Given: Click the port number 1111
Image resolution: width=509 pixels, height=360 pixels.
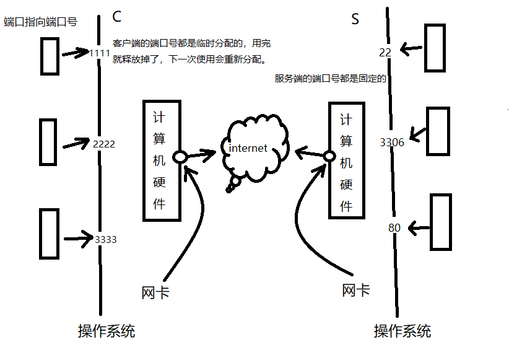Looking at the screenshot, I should (x=100, y=53).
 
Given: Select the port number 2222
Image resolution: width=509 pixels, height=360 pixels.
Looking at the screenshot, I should (x=103, y=144).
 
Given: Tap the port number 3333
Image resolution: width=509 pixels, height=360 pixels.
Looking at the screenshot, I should (x=105, y=239).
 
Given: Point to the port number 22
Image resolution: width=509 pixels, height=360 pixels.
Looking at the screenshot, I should (x=385, y=53).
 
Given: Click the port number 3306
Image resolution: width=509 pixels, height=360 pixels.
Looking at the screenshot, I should (x=392, y=143).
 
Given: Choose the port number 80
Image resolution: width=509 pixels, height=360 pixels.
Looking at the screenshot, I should (x=394, y=228).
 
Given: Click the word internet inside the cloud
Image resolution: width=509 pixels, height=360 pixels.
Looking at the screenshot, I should (x=248, y=148).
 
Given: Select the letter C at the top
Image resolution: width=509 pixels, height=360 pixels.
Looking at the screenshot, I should (x=118, y=15).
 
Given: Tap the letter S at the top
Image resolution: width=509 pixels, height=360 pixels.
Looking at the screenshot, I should (x=355, y=19).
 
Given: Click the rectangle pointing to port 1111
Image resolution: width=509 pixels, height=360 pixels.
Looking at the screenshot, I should (x=49, y=55).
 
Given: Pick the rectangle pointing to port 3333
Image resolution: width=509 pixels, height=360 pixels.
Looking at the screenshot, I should (x=49, y=233).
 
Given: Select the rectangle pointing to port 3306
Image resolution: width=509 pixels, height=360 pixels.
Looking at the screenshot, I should (x=438, y=131).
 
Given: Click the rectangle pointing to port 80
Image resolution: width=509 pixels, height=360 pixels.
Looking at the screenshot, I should (x=441, y=221).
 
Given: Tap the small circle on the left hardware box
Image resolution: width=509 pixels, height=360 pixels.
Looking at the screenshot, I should (x=180, y=157).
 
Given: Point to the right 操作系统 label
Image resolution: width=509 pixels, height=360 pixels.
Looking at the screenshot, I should (x=402, y=331).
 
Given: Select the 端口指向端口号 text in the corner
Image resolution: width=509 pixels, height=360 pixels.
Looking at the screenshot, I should (x=40, y=22).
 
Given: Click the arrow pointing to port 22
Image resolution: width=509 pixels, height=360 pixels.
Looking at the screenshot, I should (x=411, y=48).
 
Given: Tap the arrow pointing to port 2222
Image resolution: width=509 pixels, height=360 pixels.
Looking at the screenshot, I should (x=76, y=144).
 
